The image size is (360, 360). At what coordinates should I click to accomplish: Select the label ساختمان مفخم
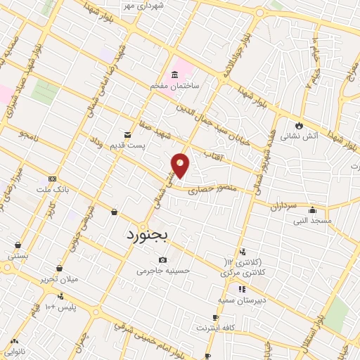pos(174,85)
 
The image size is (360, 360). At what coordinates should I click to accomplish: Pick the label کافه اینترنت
pos(214,328)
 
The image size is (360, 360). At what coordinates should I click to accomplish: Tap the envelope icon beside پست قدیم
pos(127,134)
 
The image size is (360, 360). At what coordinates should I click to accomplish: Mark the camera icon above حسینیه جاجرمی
pos(163,260)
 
